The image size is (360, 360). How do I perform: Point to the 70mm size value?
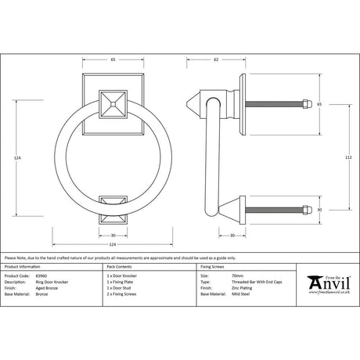[x=215, y=275]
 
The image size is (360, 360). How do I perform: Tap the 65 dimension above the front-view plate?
[x=113, y=59]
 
